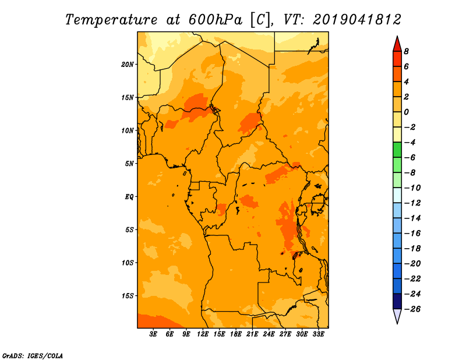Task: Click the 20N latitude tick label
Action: (128, 64)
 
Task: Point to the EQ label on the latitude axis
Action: (129, 197)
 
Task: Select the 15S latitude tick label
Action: (128, 296)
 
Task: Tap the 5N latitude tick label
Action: (129, 164)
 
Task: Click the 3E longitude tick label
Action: (154, 334)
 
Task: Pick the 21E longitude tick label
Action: (252, 334)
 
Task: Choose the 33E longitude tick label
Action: (318, 334)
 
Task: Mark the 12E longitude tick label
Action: (203, 334)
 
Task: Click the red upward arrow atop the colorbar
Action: (397, 44)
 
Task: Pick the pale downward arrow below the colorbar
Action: (397, 316)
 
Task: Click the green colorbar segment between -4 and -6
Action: (397, 150)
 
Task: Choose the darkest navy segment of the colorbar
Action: (397, 301)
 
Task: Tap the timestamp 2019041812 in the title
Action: (357, 19)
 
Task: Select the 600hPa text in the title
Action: (216, 19)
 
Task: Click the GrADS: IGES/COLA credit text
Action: (33, 355)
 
